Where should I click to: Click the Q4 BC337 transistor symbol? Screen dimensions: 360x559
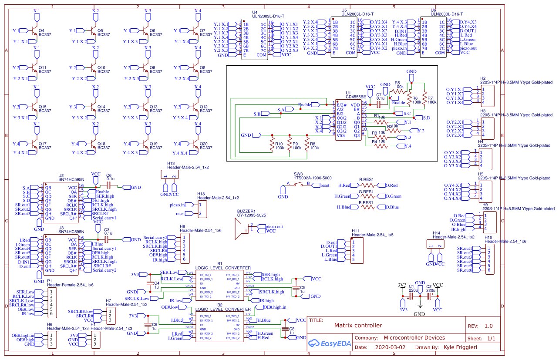[34, 31]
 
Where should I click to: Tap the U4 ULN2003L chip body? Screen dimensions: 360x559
[255, 39]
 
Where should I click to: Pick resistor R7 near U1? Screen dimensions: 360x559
[424, 100]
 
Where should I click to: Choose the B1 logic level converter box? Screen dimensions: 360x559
[220, 286]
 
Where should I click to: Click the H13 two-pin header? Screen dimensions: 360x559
[169, 175]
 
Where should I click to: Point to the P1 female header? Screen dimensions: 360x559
[51, 303]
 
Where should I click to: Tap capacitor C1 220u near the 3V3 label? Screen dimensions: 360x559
[411, 296]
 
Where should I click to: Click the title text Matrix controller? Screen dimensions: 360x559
[358, 325]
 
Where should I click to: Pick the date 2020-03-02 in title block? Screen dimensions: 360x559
[390, 348]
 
